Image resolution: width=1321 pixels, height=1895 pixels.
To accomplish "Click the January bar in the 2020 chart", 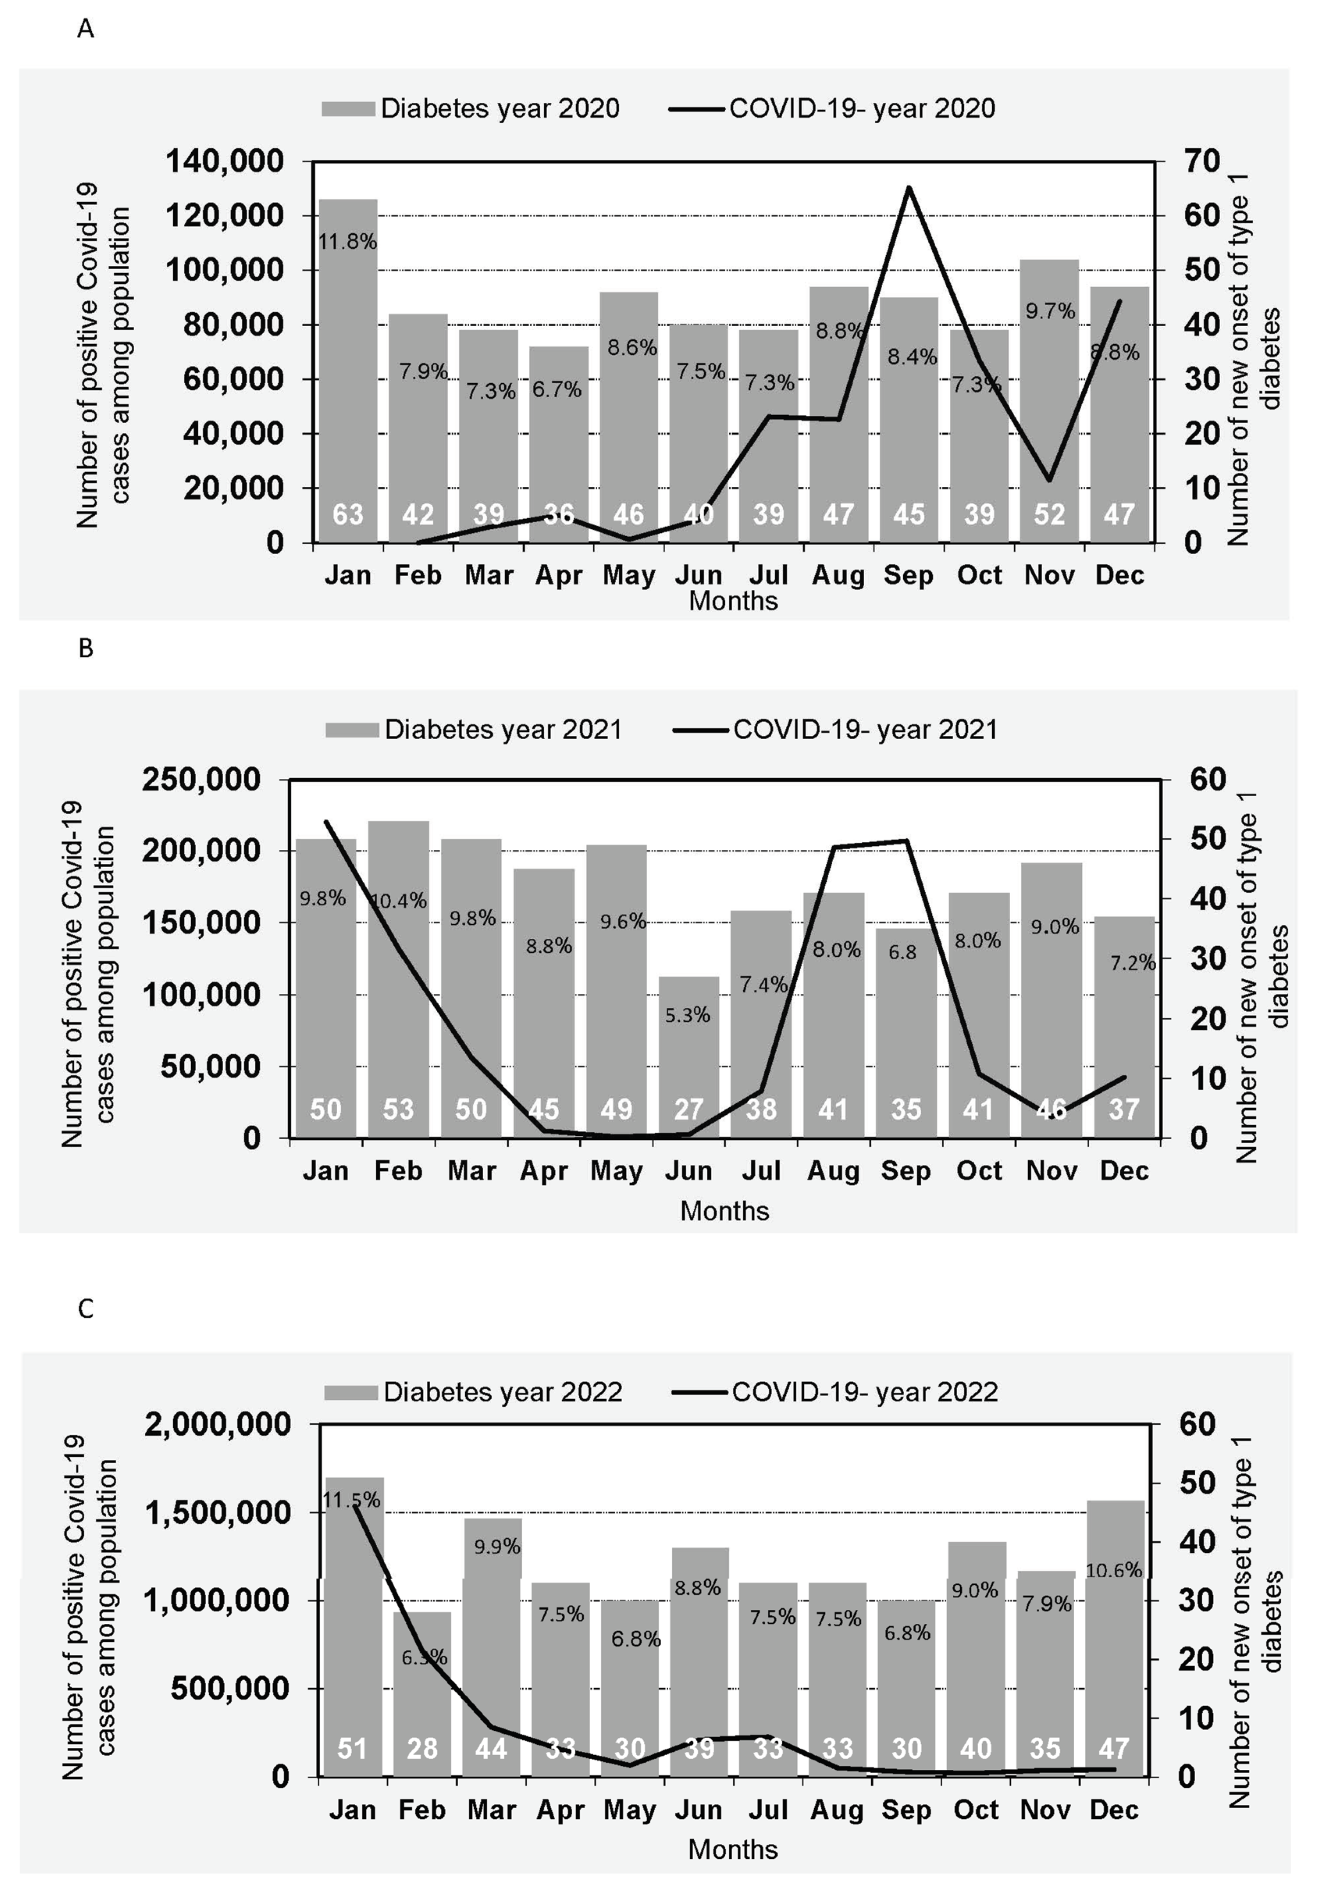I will pyautogui.click(x=347, y=372).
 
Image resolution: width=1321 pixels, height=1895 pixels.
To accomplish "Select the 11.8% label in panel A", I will pyautogui.click(x=347, y=242).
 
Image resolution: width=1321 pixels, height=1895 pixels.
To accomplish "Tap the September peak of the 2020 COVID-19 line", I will pyautogui.click(x=908, y=188).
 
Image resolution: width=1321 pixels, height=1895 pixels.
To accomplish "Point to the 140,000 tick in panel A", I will pyautogui.click(x=224, y=161).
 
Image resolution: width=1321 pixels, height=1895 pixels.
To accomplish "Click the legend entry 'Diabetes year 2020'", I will pyautogui.click(x=471, y=108).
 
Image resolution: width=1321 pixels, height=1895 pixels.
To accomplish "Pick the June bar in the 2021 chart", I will pyautogui.click(x=689, y=1057).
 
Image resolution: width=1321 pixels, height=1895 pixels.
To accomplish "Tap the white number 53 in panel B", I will pyautogui.click(x=398, y=1109).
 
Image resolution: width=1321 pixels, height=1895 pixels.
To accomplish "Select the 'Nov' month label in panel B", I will pyautogui.click(x=1051, y=1170).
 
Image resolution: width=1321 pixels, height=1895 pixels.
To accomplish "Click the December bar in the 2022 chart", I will pyautogui.click(x=1114, y=1642).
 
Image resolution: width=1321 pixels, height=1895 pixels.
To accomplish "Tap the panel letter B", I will pyautogui.click(x=86, y=649).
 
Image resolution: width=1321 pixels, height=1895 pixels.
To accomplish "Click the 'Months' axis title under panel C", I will pyautogui.click(x=732, y=1849).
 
